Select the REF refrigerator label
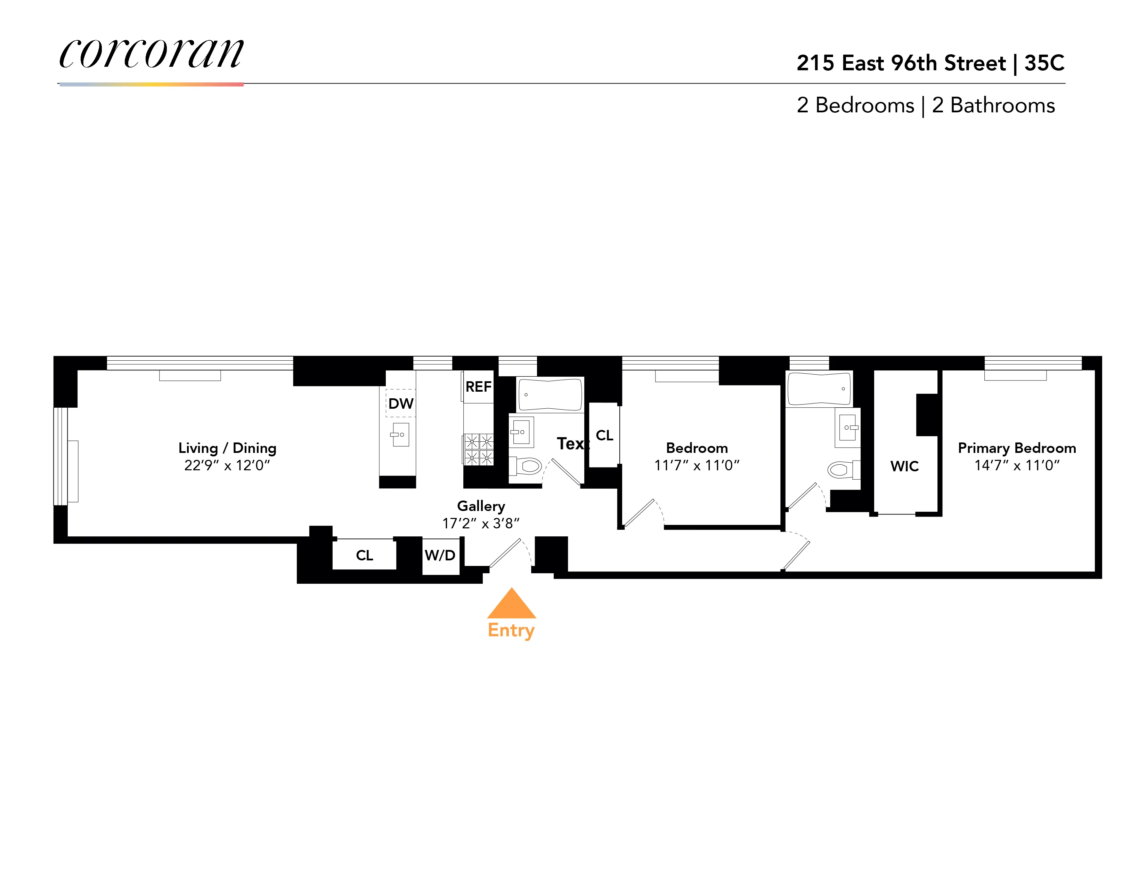click(478, 387)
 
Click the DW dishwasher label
click(401, 403)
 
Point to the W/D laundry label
click(440, 556)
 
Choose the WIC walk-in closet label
click(904, 466)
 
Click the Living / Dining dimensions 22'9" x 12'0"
click(227, 465)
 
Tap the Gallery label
click(481, 506)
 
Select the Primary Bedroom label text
click(1017, 448)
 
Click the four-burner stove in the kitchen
click(479, 449)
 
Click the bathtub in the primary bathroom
click(819, 389)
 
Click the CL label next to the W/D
click(365, 556)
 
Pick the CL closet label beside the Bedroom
click(604, 435)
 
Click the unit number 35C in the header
click(1044, 63)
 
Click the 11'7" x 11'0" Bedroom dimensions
click(697, 465)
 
